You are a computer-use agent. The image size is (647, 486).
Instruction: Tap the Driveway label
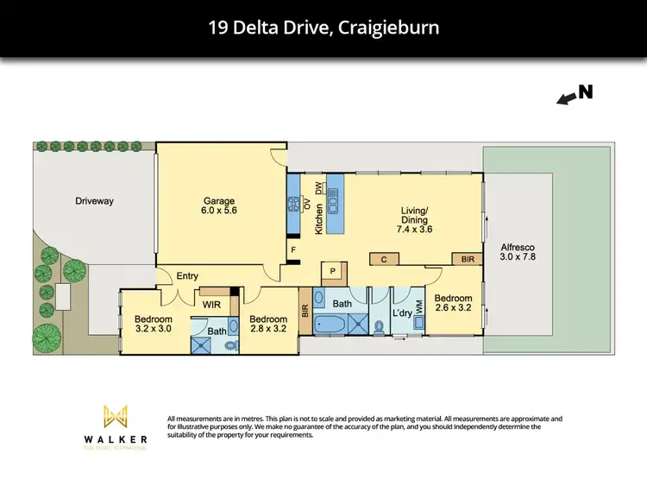[x=94, y=201]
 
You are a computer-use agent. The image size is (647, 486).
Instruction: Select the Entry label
[x=187, y=276]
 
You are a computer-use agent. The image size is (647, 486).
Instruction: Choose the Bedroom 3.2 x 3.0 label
[x=154, y=323]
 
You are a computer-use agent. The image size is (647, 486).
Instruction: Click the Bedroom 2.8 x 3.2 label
[x=268, y=323]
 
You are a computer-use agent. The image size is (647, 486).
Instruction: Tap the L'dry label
[x=402, y=312]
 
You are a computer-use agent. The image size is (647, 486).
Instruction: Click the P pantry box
[x=333, y=270]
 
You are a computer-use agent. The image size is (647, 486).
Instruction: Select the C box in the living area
[x=382, y=259]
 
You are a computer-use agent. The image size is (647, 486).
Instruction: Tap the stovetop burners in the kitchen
[x=293, y=205]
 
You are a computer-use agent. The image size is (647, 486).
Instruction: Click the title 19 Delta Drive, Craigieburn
[x=323, y=28]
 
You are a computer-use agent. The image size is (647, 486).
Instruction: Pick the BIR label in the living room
[x=468, y=259]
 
